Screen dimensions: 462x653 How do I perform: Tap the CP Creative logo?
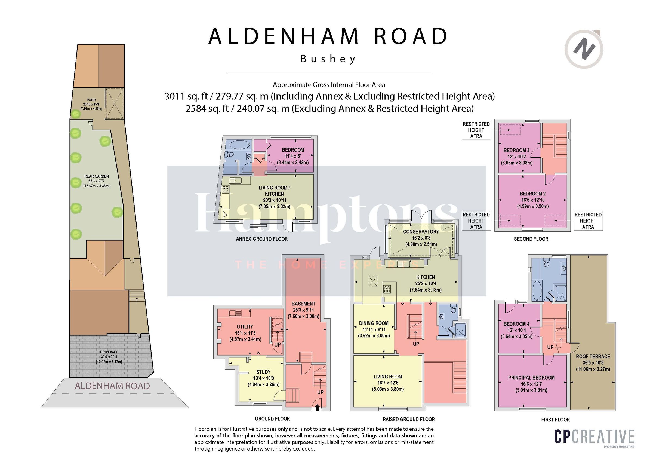594,437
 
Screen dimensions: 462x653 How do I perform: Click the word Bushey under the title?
328,59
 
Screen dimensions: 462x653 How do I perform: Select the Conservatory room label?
421,232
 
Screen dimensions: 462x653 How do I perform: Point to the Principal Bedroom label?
531,378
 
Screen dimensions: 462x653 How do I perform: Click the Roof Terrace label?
593,356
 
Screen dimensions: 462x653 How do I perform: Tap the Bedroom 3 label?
516,150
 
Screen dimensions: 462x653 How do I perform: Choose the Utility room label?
245,326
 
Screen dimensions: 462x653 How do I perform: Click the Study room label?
263,372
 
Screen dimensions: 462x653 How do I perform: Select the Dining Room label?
374,323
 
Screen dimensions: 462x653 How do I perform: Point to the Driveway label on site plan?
109,352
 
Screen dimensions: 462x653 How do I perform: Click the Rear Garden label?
96,176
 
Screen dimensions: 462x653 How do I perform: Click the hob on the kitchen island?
387,289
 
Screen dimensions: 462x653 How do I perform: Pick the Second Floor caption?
531,239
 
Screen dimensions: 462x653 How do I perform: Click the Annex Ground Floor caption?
262,239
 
